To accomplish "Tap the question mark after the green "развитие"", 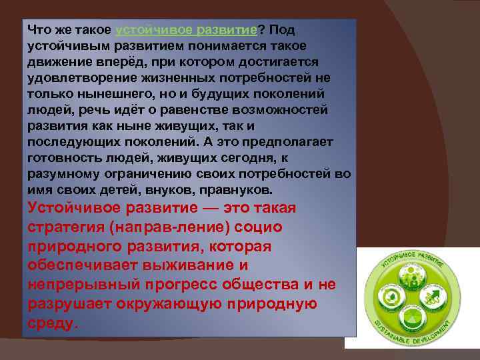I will [x=261, y=31].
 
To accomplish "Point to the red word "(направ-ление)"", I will [x=168, y=227].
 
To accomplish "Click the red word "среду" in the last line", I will [x=51, y=323].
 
